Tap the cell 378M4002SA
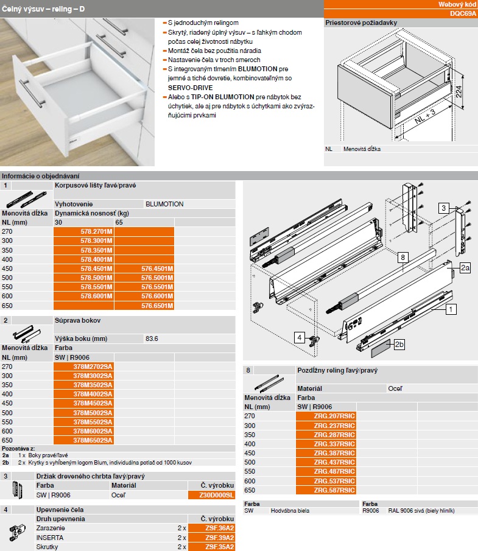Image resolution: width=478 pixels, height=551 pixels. tap(93, 395)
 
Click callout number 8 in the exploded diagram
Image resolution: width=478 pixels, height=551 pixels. tap(403, 258)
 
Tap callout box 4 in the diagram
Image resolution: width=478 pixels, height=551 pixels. tap(300, 336)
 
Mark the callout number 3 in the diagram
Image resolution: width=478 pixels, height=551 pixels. tap(445, 208)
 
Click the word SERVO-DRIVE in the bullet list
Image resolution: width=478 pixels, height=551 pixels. tap(186, 88)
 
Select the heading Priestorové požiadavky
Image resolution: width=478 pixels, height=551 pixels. tap(361, 23)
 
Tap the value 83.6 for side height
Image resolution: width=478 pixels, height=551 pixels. tap(153, 339)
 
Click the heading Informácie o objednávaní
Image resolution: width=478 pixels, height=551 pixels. tap(40, 176)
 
